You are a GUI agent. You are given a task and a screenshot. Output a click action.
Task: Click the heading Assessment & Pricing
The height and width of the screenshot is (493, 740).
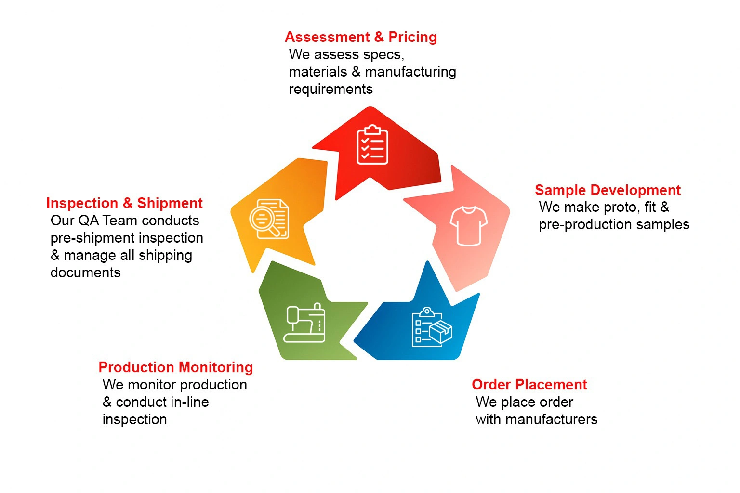click(x=361, y=37)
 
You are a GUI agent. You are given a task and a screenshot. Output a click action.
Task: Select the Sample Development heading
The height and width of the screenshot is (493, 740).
click(x=608, y=190)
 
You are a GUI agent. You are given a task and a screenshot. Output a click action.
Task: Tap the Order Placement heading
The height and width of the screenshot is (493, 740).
click(x=529, y=385)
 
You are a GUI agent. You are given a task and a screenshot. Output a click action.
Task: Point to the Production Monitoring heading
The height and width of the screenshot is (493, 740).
click(x=175, y=367)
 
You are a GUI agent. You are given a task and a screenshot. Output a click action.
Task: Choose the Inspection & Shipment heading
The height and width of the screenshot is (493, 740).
click(x=124, y=203)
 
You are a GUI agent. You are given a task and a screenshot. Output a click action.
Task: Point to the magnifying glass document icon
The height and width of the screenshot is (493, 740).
click(x=269, y=219)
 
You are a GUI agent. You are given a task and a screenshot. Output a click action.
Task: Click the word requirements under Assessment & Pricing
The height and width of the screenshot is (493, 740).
click(x=330, y=89)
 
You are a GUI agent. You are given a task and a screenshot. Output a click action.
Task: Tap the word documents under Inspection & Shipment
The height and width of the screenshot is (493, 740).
click(x=85, y=272)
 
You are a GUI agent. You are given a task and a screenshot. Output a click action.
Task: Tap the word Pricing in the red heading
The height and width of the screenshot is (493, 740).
click(x=412, y=37)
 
